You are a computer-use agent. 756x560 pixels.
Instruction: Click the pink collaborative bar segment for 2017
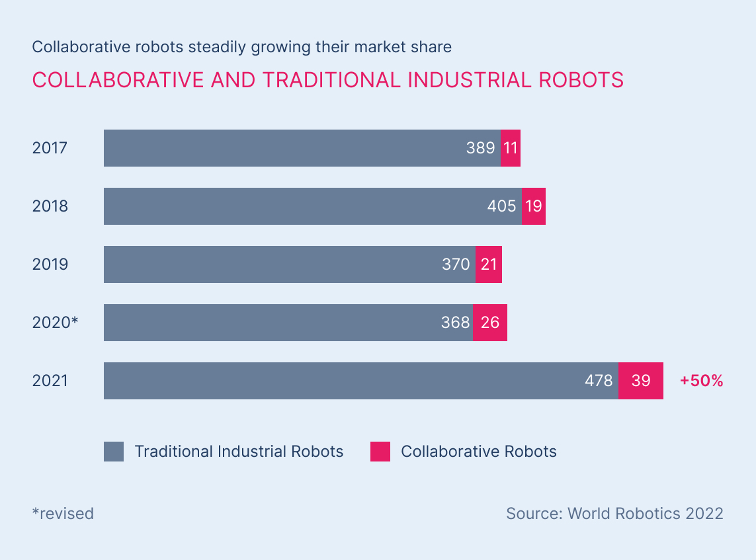point(510,148)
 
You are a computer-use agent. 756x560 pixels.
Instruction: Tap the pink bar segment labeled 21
point(489,264)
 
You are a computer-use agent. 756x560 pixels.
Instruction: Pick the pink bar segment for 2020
point(490,323)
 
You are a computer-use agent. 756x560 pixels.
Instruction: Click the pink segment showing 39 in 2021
point(640,381)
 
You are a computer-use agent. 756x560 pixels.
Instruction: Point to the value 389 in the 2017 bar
point(480,148)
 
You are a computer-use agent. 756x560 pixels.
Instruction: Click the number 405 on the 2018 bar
point(501,206)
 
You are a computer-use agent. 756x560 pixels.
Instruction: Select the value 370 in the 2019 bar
point(456,264)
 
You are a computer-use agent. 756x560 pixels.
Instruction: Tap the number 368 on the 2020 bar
point(455,323)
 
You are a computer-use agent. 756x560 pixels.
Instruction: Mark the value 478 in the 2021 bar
point(599,381)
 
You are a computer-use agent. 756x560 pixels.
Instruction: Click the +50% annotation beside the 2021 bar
point(701,381)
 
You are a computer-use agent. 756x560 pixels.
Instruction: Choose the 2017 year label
point(50,148)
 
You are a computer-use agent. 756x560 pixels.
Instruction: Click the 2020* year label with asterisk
point(55,323)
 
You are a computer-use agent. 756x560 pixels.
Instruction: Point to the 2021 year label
point(50,381)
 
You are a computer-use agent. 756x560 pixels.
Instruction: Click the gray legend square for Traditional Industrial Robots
point(114,452)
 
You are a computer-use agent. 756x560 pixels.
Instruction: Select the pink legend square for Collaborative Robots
point(380,452)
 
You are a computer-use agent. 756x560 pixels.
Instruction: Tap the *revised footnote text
point(63,513)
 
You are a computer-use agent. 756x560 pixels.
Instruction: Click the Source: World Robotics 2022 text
point(614,513)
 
